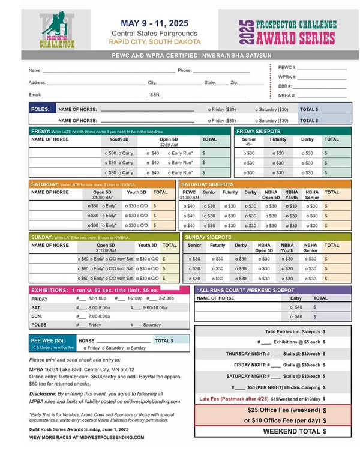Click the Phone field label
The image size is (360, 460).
click(x=184, y=71)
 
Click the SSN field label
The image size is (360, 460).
click(x=155, y=95)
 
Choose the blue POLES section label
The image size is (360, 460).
click(x=40, y=110)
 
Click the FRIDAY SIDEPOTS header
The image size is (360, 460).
click(x=259, y=130)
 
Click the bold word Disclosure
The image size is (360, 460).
click(x=43, y=393)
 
